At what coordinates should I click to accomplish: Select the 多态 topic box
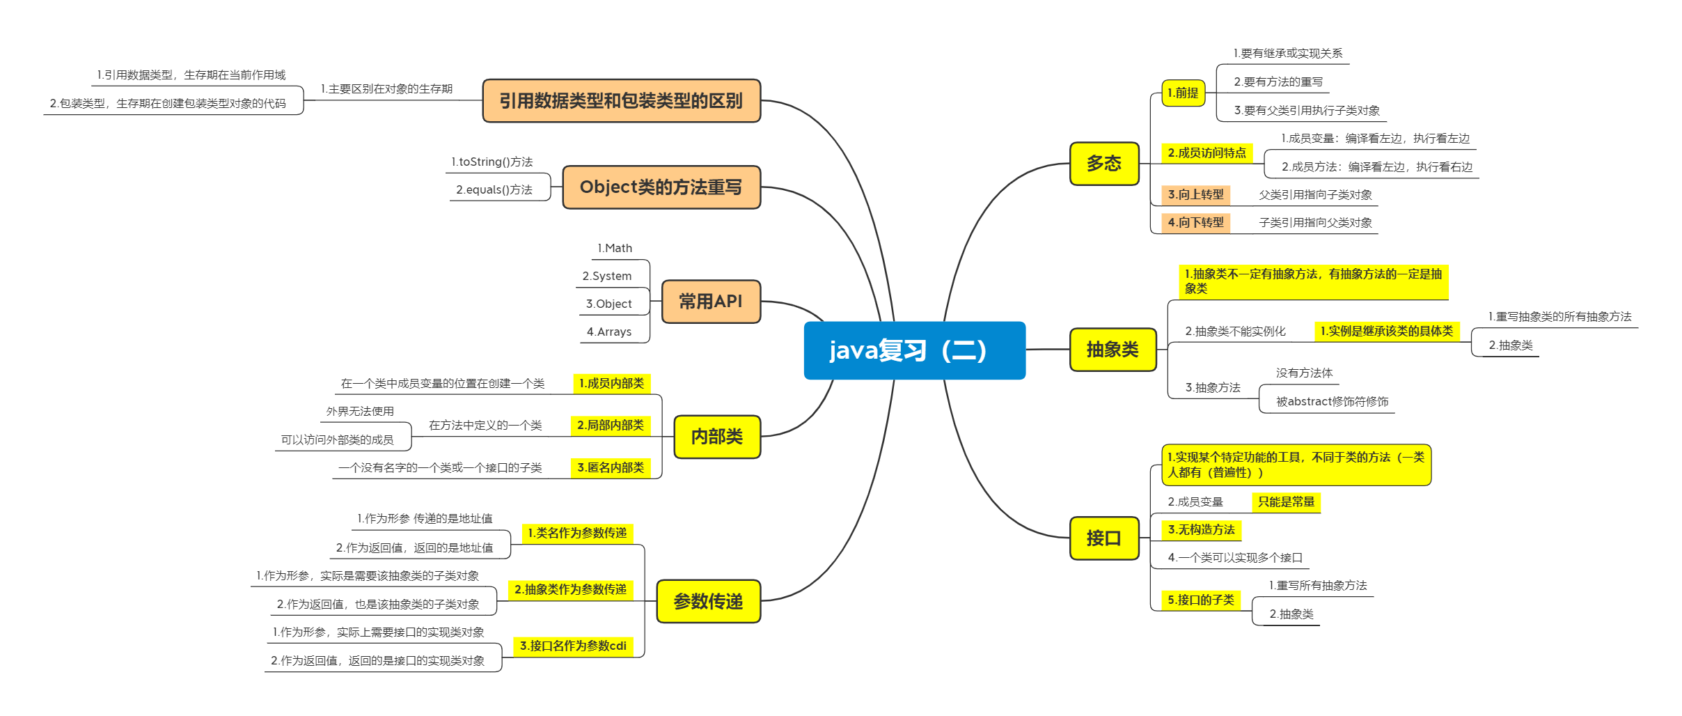(1104, 164)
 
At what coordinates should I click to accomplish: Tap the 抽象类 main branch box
(1113, 350)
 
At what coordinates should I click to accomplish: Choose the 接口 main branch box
(1104, 538)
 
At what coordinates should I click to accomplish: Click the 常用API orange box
(711, 302)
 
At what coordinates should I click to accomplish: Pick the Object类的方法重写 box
(661, 187)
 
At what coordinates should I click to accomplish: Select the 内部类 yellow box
(716, 437)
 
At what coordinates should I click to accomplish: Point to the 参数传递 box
(708, 601)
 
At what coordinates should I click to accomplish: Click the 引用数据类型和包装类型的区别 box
(621, 101)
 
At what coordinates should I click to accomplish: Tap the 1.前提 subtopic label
(1183, 93)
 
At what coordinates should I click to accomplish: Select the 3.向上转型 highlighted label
(1195, 195)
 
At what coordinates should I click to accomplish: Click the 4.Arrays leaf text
(609, 332)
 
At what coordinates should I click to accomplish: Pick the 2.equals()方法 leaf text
(494, 190)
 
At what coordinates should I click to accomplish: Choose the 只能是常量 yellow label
(1286, 502)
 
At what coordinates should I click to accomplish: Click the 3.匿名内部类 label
(611, 468)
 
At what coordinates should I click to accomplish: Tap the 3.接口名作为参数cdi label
(573, 646)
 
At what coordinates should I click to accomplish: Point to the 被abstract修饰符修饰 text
(1332, 402)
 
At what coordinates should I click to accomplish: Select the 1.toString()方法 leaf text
(492, 162)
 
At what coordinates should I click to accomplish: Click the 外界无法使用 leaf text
(360, 412)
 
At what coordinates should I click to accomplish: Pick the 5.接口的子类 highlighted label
(1201, 600)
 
